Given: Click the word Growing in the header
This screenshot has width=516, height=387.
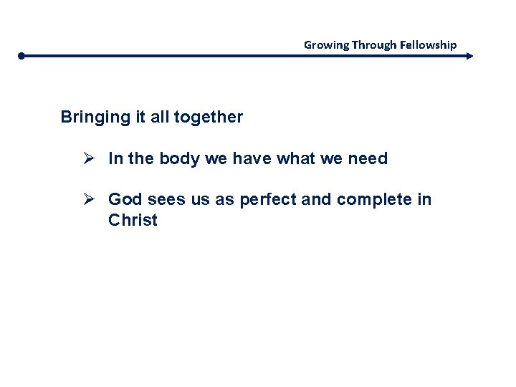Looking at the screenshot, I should [326, 44].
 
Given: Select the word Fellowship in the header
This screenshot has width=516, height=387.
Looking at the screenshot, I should [429, 44].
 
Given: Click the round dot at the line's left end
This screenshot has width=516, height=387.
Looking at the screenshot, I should [22, 55].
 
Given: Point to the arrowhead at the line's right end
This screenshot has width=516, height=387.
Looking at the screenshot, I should [469, 55].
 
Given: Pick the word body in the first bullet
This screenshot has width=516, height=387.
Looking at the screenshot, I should [180, 159].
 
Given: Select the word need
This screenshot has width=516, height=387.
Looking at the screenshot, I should [367, 159].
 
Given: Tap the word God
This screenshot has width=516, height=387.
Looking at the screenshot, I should [124, 199].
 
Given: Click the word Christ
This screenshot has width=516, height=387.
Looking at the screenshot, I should [133, 220].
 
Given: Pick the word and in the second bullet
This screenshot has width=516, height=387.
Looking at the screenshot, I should [316, 199].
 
